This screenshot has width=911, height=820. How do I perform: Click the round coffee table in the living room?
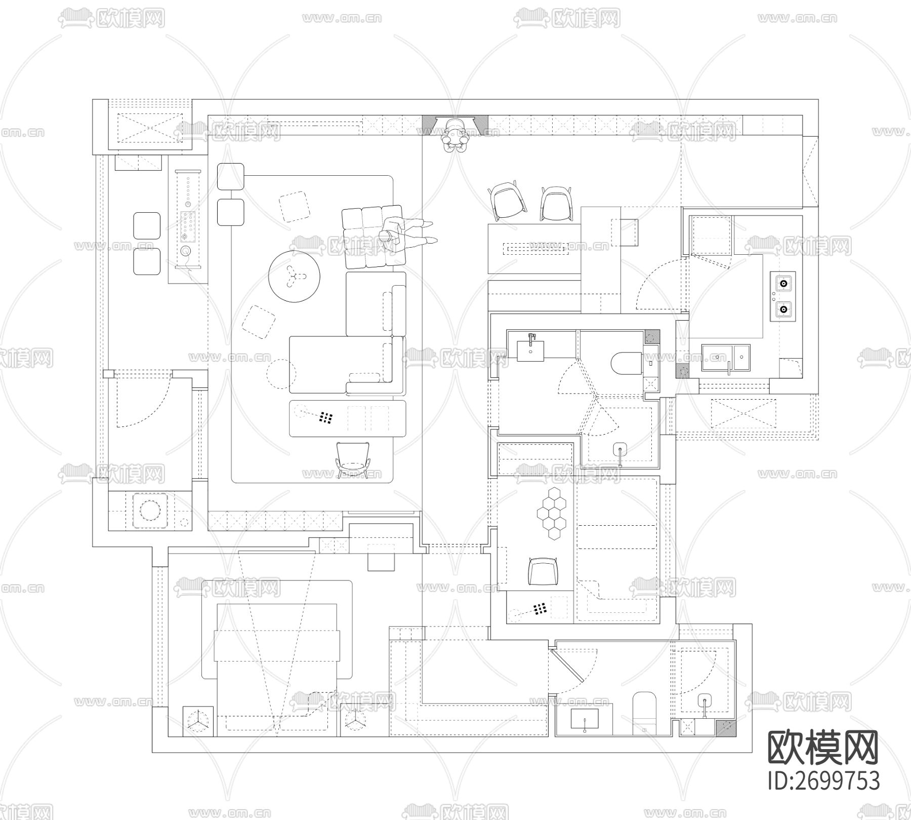(x=294, y=276)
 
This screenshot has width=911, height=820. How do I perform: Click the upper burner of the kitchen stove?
(x=783, y=284)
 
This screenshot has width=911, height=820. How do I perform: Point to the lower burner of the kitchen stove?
(x=783, y=308)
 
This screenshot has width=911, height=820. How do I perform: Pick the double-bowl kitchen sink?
(x=726, y=357)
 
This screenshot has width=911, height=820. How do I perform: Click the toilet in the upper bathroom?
(x=625, y=362)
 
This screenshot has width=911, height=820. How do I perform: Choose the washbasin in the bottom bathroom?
(x=585, y=720)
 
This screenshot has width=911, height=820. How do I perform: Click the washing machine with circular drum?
(x=150, y=511)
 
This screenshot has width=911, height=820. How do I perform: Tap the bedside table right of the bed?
(x=354, y=721)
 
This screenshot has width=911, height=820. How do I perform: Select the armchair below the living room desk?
(x=353, y=458)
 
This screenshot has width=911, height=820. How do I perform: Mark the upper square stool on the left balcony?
(x=147, y=226)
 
